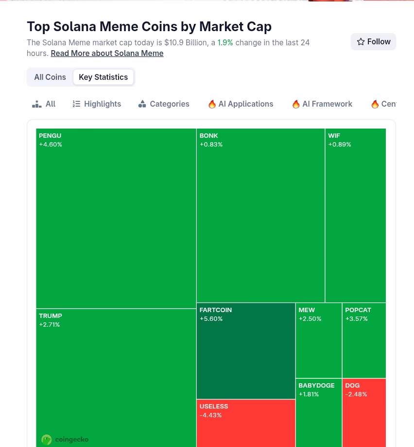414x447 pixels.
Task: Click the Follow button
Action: click(373, 42)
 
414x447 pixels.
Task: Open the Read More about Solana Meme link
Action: click(107, 54)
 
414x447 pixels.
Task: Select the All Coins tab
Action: click(50, 77)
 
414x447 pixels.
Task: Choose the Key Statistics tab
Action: click(103, 77)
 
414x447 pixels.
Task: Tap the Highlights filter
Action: click(97, 104)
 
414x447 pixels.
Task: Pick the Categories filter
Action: click(164, 104)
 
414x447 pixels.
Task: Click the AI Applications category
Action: click(241, 104)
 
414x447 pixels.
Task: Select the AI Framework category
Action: click(322, 104)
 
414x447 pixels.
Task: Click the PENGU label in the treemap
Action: click(50, 136)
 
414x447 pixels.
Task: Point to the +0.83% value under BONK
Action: click(211, 145)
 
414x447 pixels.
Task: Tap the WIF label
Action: click(334, 136)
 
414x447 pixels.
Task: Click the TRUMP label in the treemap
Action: click(51, 316)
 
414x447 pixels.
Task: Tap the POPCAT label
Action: click(358, 310)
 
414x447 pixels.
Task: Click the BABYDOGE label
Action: click(316, 386)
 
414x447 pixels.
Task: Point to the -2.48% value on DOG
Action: click(356, 394)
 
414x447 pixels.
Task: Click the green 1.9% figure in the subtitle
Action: click(225, 43)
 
